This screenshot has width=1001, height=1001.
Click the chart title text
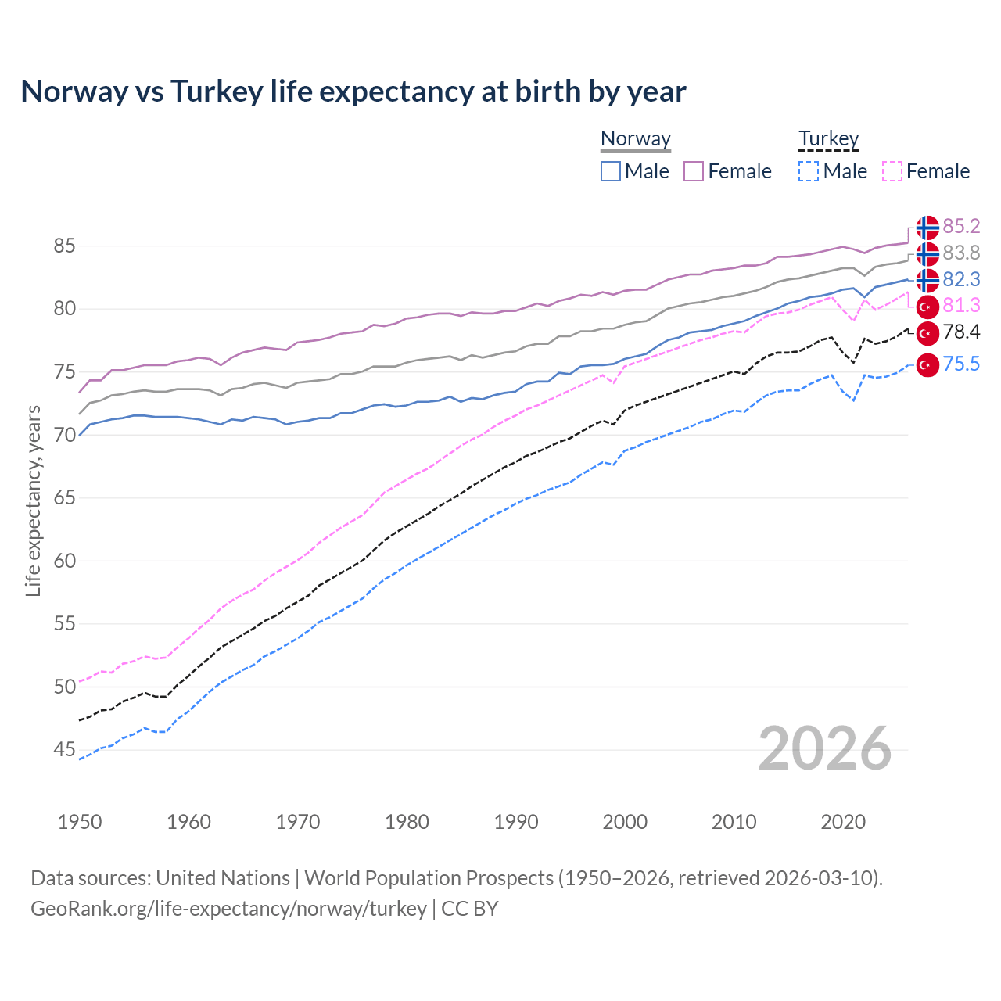click(353, 91)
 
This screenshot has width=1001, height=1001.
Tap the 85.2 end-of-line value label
click(961, 226)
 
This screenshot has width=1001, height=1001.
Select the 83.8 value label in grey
click(961, 253)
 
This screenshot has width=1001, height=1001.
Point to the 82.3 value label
click(961, 279)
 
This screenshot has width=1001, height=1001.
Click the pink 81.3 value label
click(961, 305)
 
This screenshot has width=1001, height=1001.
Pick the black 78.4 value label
click(961, 332)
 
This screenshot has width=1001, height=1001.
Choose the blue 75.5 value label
click(961, 364)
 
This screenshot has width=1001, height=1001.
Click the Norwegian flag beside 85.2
click(927, 228)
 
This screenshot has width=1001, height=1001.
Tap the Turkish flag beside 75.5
click(927, 364)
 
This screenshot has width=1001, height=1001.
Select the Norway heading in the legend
click(636, 138)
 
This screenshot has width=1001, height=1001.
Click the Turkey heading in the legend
click(828, 138)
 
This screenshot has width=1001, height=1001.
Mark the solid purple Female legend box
click(694, 171)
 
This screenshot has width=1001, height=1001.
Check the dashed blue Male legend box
click(809, 171)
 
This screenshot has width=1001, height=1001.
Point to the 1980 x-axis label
click(407, 822)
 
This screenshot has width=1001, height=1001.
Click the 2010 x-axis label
click(734, 822)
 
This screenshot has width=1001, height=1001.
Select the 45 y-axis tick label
click(64, 750)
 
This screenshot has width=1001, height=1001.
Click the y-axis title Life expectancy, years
click(33, 500)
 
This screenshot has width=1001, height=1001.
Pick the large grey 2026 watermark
click(824, 749)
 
